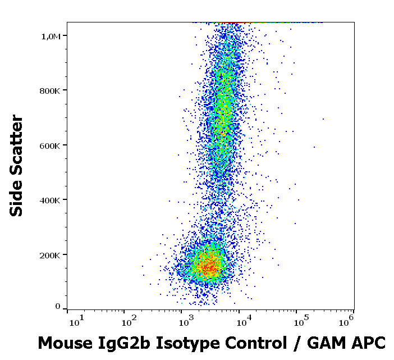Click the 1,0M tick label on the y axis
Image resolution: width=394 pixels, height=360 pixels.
pos(52,36)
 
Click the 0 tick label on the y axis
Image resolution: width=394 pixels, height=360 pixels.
pos(58,306)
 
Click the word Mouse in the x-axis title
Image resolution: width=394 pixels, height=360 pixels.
pos(63,343)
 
